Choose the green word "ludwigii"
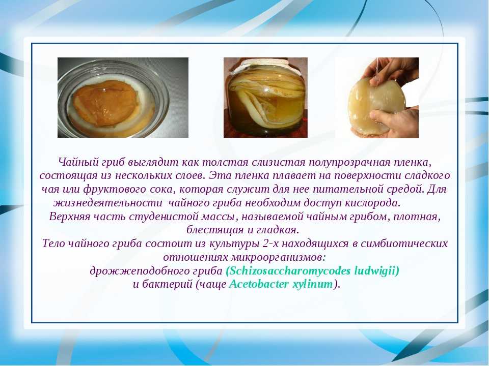(x=375, y=271)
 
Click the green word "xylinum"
(x=312, y=285)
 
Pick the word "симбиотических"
(x=404, y=243)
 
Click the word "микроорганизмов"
(x=278, y=257)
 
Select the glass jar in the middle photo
(x=265, y=100)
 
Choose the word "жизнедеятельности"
(x=108, y=203)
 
